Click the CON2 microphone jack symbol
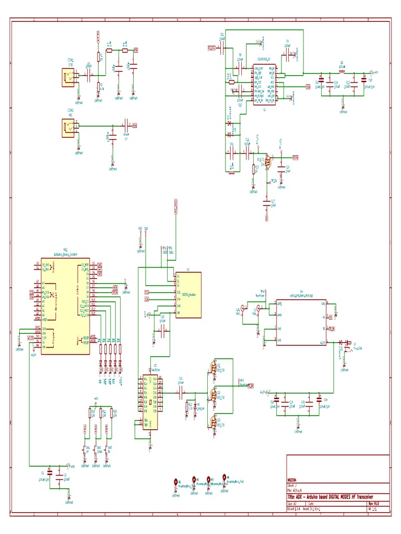(x=68, y=126)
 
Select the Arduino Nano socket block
(x=65, y=305)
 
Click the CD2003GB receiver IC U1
(x=265, y=83)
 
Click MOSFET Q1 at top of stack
(x=214, y=368)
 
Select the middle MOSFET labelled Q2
(x=214, y=395)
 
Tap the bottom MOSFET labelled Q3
(x=214, y=421)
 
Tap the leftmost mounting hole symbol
(x=176, y=482)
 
